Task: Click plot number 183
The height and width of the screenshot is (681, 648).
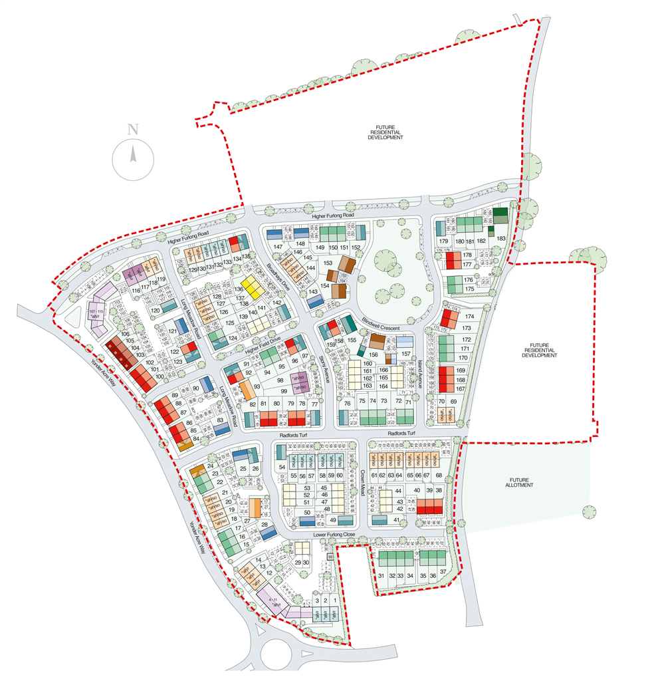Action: pos(501,238)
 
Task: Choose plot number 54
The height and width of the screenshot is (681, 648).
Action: pos(281,468)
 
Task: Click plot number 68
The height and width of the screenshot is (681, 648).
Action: pos(439,475)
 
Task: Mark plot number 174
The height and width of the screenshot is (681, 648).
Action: pos(469,317)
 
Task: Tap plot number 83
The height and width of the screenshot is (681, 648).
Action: pos(220,420)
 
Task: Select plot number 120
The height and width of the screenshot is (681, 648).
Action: pos(154,311)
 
